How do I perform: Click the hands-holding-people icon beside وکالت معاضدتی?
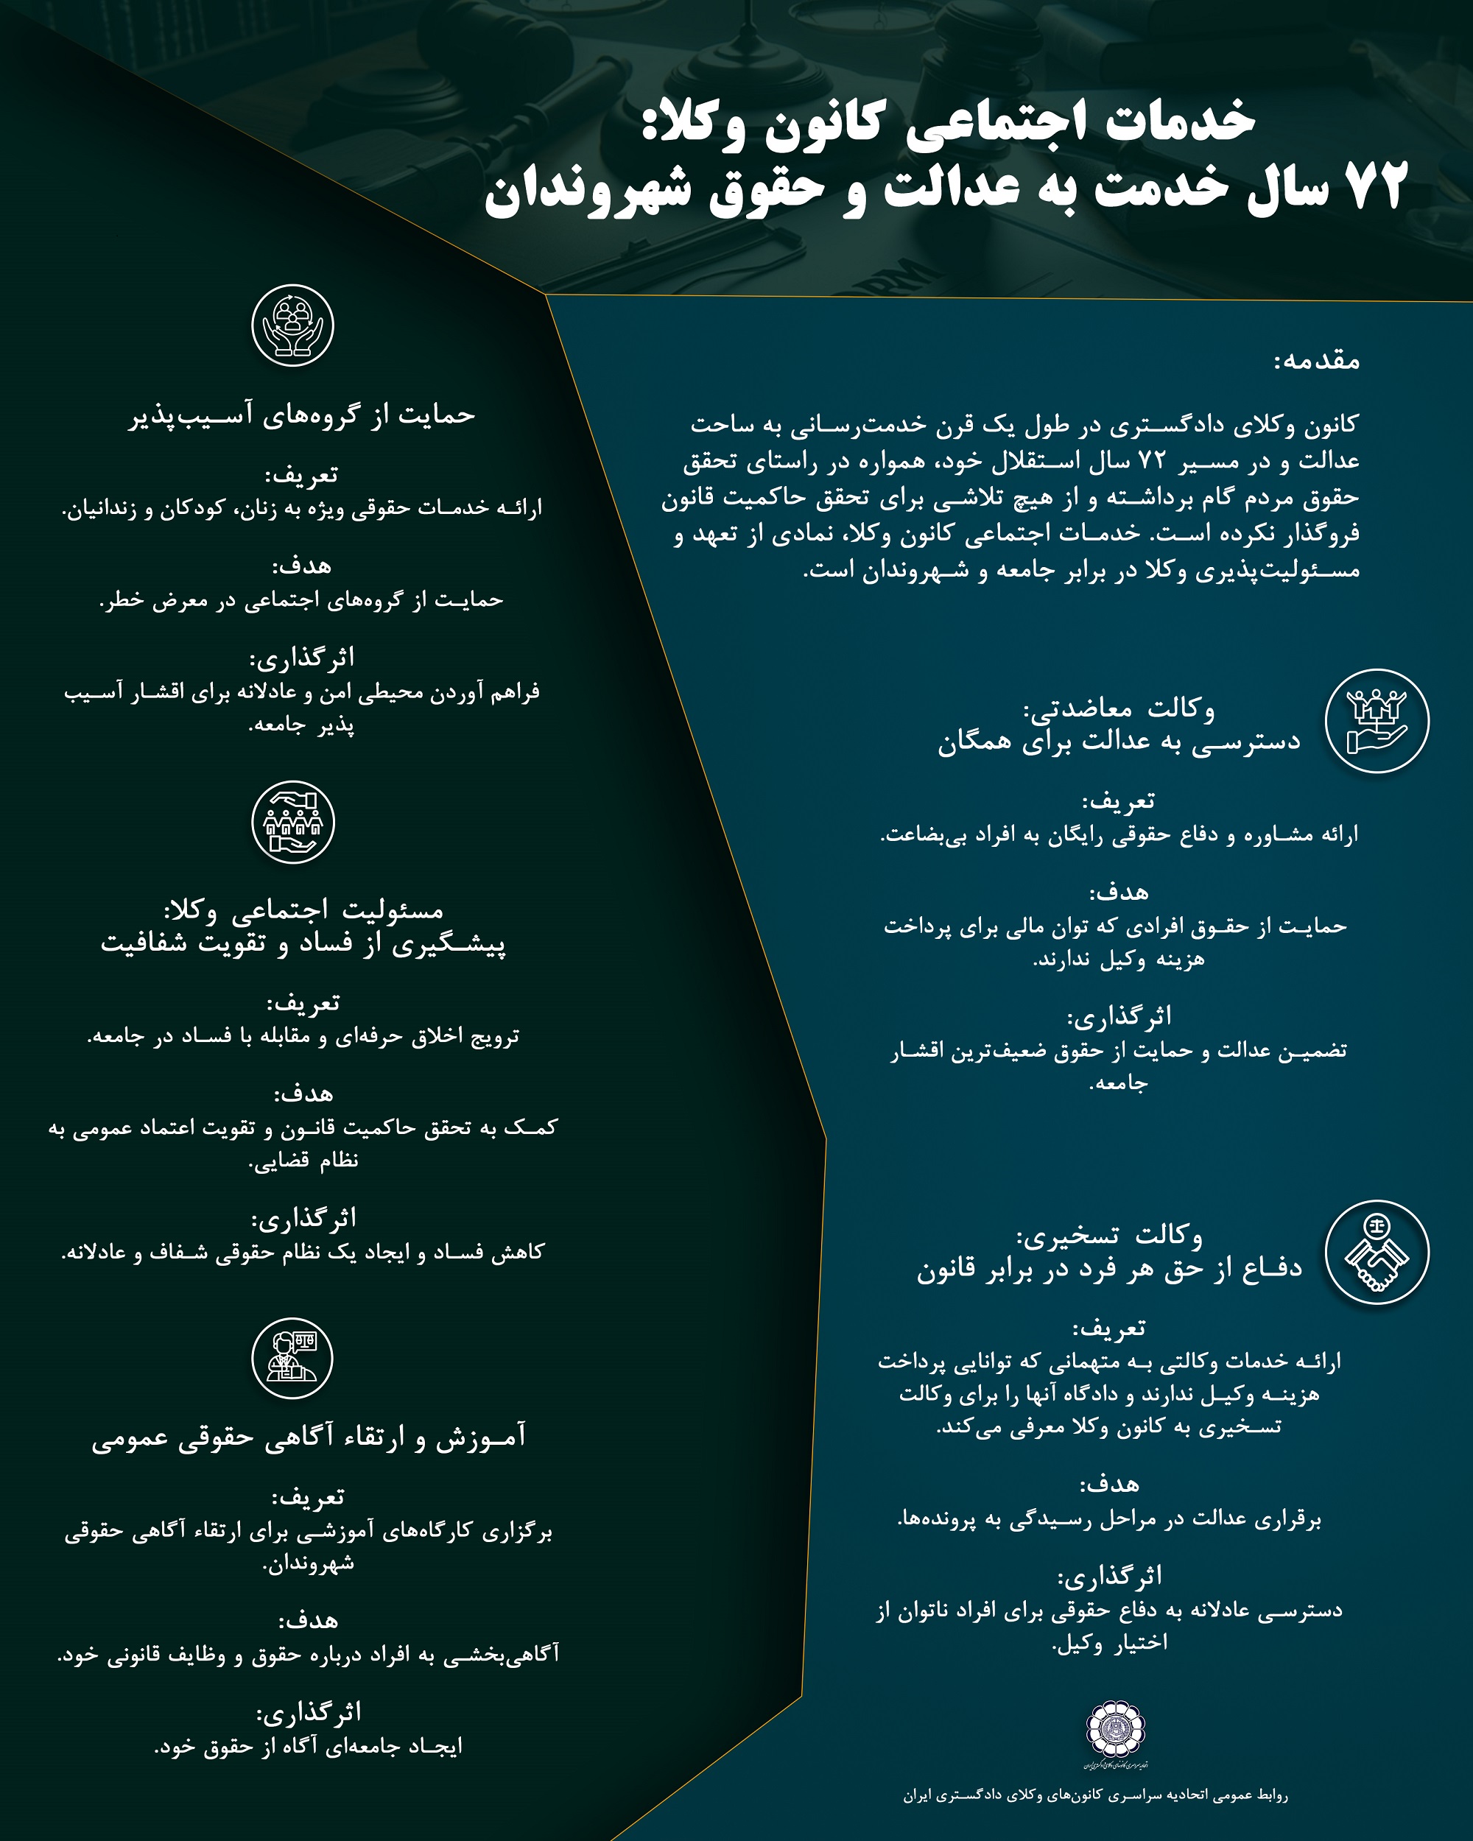click(x=1377, y=721)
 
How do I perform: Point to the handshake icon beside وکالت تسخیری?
click(x=1377, y=1253)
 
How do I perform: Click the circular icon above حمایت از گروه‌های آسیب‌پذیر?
click(x=293, y=326)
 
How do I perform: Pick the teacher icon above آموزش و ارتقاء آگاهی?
click(x=293, y=1359)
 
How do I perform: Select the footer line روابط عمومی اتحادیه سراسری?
click(x=1096, y=1795)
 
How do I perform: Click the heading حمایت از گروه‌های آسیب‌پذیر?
click(x=302, y=415)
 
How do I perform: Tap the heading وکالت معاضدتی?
click(x=1119, y=708)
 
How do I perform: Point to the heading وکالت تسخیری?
click(x=1109, y=1235)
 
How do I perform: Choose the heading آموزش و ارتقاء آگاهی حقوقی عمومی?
click(x=309, y=1437)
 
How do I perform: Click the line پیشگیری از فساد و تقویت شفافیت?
click(x=303, y=944)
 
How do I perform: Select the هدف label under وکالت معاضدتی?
click(x=1119, y=893)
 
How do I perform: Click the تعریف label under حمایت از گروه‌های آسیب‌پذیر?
click(x=301, y=474)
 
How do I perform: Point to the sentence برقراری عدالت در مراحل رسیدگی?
click(x=1109, y=1519)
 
